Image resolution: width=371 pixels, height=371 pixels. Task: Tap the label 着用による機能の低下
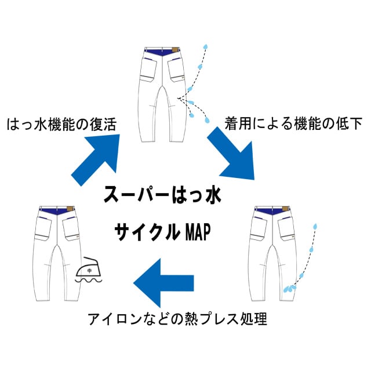point(293,123)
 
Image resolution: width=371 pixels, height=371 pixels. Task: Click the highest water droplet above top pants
point(205,46)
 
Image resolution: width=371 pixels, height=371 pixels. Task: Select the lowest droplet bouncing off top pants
point(207,121)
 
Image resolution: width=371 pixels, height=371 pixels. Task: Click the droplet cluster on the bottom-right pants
point(289,288)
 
